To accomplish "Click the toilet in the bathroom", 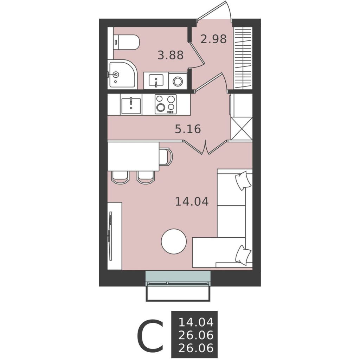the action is pos(126,42).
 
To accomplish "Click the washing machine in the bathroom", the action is pos(178,81).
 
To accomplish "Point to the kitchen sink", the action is pos(131,105).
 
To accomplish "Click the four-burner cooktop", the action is pos(166,104).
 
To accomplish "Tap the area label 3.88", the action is pos(171,55).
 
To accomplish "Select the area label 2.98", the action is pos(213,39).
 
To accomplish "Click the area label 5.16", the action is pos(188,129).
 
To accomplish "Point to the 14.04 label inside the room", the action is pos(192,201).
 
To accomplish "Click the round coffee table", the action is pos(174,242).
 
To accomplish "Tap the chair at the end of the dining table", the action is pos(166,156).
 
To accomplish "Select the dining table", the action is pos(133,156).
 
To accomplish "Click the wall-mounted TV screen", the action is pos(110,236).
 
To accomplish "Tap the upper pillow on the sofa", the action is pos(243,180).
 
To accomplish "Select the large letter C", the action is pos(150,335).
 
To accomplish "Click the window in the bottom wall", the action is pos(178,278).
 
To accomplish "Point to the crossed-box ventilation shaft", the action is pos(242,128).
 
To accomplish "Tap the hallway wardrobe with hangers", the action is pos(243,58).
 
